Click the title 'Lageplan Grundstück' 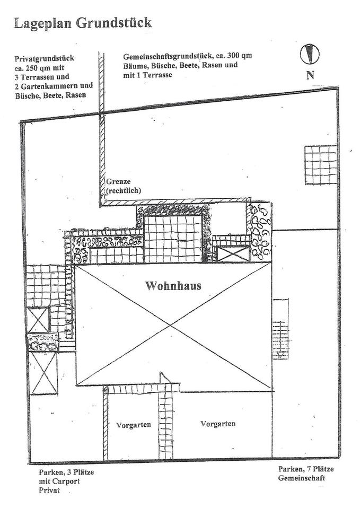point(83,22)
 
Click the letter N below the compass point(310,75)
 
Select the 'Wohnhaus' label point(173,286)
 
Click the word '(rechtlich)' point(124,190)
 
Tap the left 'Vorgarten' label point(134,425)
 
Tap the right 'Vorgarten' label point(218,424)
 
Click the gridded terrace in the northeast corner point(321,164)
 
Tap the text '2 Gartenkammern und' point(54,85)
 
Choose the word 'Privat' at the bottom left point(49,490)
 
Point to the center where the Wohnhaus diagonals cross point(173,325)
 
